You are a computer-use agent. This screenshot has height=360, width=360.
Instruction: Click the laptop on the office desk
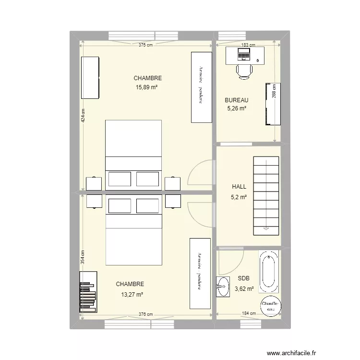click(x=243, y=54)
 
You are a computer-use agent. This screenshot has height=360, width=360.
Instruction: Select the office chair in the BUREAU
click(x=244, y=72)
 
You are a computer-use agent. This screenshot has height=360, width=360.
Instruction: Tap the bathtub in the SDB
click(x=268, y=271)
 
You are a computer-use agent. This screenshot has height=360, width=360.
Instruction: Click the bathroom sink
click(x=223, y=287)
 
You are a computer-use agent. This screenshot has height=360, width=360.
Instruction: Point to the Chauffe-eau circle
click(x=271, y=306)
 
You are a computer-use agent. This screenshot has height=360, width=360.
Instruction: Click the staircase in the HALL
click(x=266, y=196)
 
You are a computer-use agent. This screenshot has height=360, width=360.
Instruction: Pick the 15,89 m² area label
click(x=146, y=87)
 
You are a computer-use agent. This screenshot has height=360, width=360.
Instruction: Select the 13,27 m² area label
click(x=132, y=294)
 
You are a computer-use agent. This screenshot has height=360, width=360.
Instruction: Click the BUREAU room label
click(x=237, y=100)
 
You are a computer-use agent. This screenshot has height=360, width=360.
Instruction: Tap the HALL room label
click(x=239, y=187)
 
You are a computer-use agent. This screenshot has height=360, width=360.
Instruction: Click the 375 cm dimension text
click(x=145, y=45)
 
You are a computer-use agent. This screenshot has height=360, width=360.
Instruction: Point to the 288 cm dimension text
click(x=275, y=91)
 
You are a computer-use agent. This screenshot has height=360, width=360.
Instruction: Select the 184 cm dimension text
click(x=249, y=313)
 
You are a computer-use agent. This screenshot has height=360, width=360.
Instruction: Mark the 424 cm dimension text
click(x=83, y=116)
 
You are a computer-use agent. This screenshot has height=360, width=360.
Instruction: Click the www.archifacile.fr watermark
click(x=291, y=353)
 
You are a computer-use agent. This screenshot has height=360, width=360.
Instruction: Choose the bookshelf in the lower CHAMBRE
click(x=88, y=292)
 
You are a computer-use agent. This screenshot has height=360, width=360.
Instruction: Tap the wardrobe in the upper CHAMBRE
click(x=202, y=87)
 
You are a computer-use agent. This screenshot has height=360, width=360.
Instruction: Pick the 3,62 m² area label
click(x=244, y=289)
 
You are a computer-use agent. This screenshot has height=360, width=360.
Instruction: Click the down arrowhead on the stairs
click(x=266, y=228)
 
